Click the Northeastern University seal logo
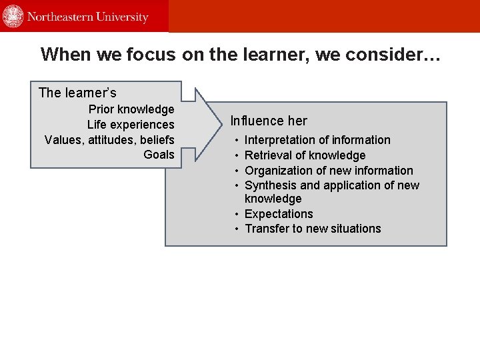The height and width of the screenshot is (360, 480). [x=13, y=16]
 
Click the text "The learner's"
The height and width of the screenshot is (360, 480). [x=77, y=93]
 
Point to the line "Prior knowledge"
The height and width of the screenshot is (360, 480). [x=131, y=109]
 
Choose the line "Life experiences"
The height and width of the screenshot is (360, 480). [x=131, y=125]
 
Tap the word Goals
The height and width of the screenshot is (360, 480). [x=159, y=155]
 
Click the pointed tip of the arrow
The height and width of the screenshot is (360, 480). [x=223, y=124]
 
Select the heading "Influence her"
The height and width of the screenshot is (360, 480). [x=269, y=121]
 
